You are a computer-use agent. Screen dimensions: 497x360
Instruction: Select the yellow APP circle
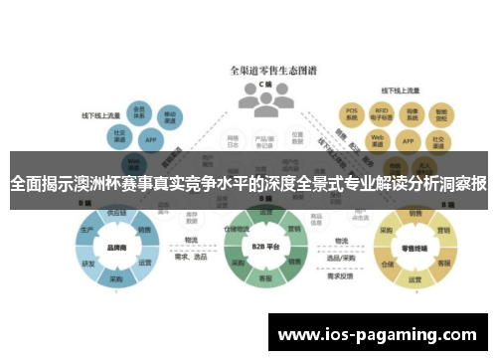(407, 139)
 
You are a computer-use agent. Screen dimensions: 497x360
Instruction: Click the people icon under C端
(260, 95)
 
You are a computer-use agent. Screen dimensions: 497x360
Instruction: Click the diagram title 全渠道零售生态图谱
(262, 71)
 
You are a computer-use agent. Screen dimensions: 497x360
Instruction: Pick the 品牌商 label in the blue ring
(115, 249)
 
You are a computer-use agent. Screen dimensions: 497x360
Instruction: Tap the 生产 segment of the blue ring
(86, 231)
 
